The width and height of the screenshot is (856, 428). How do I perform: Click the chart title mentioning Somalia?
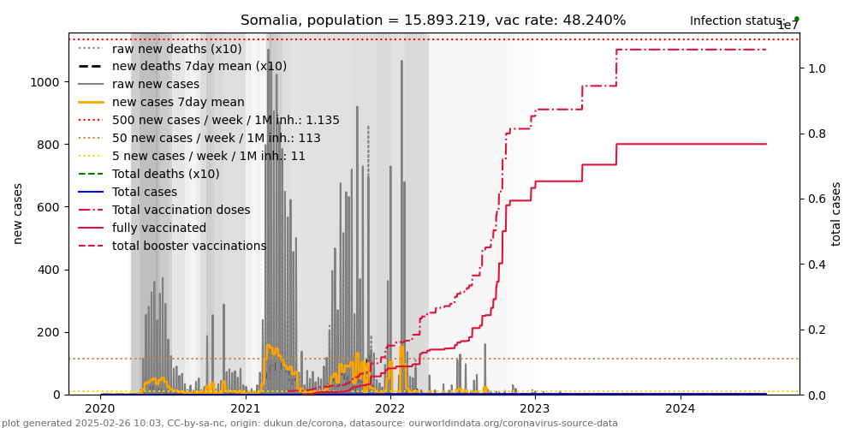point(433,21)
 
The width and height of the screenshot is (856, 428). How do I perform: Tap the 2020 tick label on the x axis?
point(100,409)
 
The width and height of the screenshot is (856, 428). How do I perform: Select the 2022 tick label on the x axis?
point(390,409)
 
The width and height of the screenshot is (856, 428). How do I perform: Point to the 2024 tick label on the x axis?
point(681,409)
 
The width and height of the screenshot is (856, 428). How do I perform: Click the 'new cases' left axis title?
point(18,213)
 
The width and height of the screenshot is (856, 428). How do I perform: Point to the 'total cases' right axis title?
point(836,213)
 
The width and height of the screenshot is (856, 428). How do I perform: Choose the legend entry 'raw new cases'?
point(156,85)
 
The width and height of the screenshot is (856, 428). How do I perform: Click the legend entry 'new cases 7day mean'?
point(178,103)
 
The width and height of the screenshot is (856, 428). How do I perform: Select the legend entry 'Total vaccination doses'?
point(181,211)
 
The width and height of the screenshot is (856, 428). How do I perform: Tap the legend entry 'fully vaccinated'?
point(159,229)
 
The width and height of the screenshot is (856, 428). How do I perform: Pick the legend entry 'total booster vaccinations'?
point(189,247)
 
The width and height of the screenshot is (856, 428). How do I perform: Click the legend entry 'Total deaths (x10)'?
point(166,175)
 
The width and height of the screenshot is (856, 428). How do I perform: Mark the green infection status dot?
point(796,18)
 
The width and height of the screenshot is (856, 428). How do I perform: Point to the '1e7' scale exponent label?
point(787,26)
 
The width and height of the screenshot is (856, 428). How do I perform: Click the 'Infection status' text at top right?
point(737,21)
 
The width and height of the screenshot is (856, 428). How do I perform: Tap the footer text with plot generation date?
point(309,423)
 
